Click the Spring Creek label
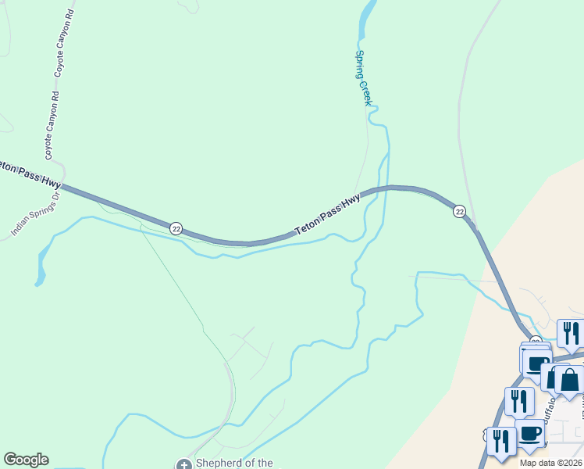coord(364,78)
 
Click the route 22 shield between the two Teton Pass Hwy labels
coord(176,228)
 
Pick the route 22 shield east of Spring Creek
coord(459,211)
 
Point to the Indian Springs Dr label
coord(35,214)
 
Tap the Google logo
coord(26,460)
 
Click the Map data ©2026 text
coord(550,463)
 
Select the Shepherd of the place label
coord(233,463)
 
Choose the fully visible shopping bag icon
coord(569,380)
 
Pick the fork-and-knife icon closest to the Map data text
coord(501,441)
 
